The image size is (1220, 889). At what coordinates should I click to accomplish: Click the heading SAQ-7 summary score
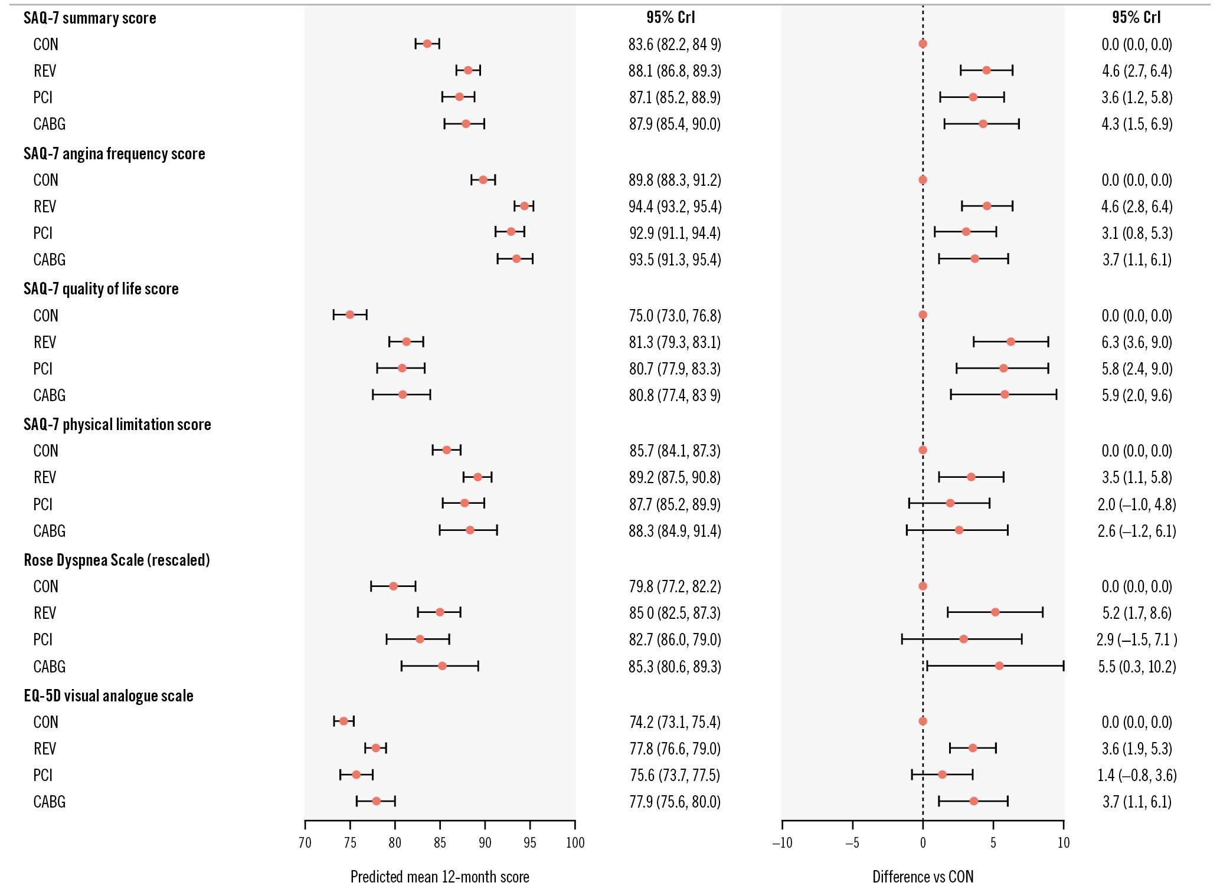tap(90, 18)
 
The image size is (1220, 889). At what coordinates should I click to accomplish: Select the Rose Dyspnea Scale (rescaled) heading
tap(117, 560)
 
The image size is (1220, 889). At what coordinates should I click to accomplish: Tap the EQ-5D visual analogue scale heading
tap(109, 696)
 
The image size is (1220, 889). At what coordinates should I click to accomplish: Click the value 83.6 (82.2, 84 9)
tap(675, 44)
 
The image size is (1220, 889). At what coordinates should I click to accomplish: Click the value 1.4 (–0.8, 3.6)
tap(1137, 775)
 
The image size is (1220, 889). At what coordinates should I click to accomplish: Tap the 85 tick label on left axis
tap(440, 842)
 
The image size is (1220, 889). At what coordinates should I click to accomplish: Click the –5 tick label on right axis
tap(852, 842)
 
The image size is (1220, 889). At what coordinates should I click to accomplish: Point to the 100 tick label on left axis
tap(575, 842)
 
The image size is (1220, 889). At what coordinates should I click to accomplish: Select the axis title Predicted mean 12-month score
tap(440, 877)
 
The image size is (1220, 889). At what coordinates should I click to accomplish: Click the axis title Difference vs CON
tap(923, 877)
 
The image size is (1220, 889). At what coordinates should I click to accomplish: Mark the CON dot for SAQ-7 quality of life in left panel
tap(350, 314)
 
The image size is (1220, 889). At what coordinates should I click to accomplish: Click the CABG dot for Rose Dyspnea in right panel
tap(999, 666)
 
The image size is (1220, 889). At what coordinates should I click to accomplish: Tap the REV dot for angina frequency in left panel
tap(524, 206)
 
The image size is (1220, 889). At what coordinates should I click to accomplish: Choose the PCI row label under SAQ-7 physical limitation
tap(43, 504)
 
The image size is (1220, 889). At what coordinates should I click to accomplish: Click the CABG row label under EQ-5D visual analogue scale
tap(50, 802)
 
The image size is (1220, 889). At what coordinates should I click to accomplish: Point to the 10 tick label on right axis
tap(1064, 842)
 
